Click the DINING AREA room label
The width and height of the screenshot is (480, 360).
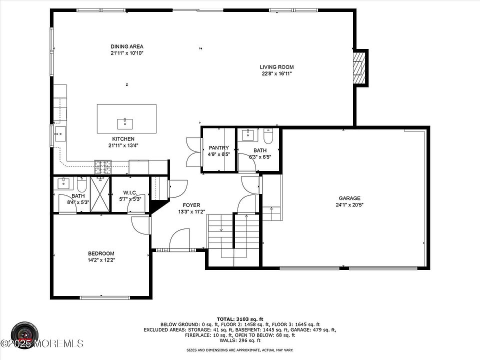126,46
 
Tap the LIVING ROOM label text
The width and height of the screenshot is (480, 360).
276,67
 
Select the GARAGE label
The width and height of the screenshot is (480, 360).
349,198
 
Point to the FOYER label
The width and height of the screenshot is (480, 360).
191,205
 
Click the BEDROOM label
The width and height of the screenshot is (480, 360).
101,253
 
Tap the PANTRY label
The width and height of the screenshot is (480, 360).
218,147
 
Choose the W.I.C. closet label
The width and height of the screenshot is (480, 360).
130,192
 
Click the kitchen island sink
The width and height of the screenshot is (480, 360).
125,124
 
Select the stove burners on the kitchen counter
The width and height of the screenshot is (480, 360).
102,167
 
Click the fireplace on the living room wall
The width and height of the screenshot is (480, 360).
359,68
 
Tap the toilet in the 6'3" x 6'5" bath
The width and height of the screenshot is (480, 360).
268,136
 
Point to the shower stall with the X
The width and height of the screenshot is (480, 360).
100,194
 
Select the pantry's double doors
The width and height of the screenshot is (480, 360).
193,152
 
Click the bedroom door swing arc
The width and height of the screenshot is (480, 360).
140,225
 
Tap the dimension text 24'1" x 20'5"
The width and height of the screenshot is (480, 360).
349,205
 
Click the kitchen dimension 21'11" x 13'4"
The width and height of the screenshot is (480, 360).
123,145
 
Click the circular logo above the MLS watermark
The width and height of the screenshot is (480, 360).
25,334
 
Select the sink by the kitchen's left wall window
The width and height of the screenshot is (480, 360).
60,134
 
